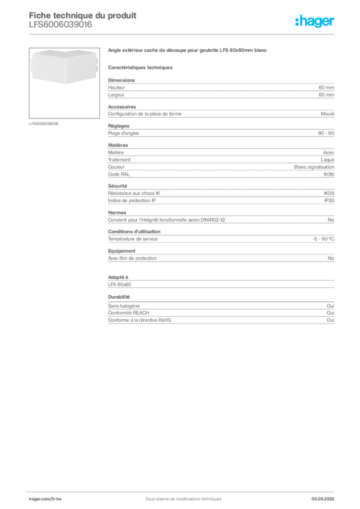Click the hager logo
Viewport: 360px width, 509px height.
(x=315, y=21)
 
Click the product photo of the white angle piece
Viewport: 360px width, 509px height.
(x=64, y=67)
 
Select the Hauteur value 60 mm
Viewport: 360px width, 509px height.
(x=326, y=87)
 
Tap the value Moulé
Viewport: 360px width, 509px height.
(x=328, y=114)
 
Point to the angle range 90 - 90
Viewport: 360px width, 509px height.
(x=326, y=133)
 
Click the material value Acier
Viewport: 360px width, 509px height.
(x=329, y=153)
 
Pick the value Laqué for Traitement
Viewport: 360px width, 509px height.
(x=328, y=160)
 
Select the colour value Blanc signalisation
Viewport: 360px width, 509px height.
(x=314, y=167)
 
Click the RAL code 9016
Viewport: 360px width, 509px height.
(x=329, y=174)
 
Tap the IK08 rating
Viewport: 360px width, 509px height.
(x=329, y=193)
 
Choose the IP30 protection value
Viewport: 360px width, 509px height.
(x=329, y=201)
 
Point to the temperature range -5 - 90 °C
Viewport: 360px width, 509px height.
(x=323, y=239)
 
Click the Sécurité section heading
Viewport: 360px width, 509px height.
(x=117, y=186)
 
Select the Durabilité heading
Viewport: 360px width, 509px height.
(x=119, y=297)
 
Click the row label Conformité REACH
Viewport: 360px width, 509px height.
(x=129, y=313)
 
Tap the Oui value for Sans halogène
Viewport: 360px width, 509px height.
(x=331, y=306)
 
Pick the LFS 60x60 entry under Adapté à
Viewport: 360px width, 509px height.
(x=119, y=285)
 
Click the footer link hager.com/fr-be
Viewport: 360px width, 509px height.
(x=45, y=499)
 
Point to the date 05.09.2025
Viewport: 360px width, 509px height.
(x=323, y=499)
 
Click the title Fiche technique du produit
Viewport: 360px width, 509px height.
(x=83, y=15)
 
